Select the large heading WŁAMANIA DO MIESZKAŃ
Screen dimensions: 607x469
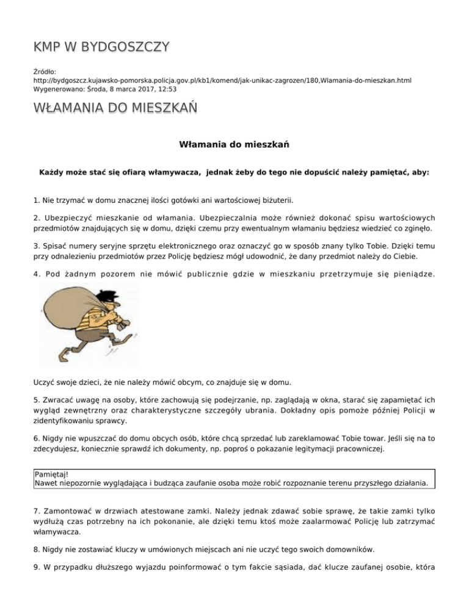click(115, 109)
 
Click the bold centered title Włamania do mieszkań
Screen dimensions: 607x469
click(234, 145)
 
